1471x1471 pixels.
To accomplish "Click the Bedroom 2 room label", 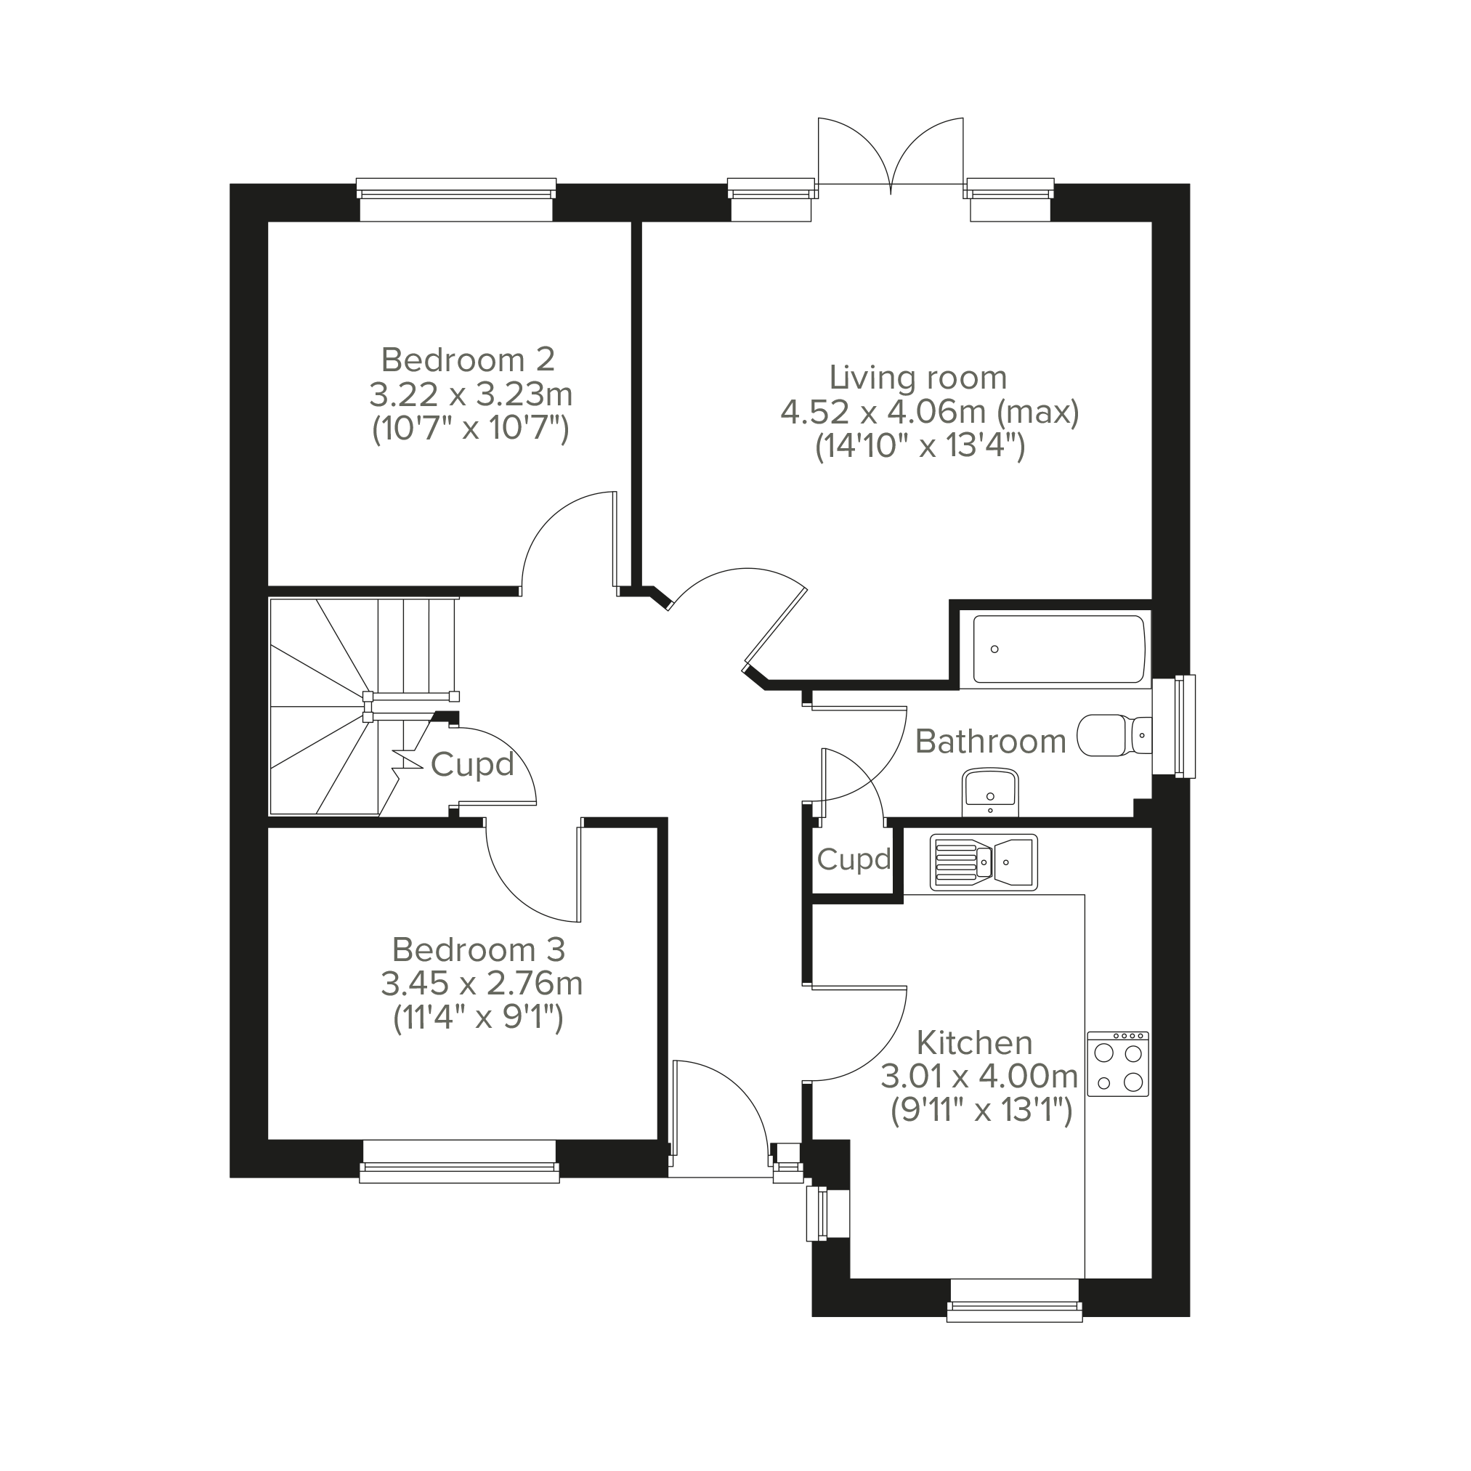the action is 469,360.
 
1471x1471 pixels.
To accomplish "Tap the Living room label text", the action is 918,378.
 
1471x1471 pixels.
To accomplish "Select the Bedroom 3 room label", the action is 479,949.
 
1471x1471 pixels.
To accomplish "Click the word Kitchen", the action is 975,1042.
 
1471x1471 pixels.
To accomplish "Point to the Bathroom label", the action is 991,741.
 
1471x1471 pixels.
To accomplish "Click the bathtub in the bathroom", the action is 1059,649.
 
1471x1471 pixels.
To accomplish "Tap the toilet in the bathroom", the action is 1114,734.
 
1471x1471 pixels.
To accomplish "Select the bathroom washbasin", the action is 990,792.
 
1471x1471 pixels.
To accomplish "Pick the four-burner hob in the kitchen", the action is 1118,1064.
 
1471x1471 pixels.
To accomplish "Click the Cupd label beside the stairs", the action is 473,765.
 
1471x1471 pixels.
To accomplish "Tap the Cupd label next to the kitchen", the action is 854,859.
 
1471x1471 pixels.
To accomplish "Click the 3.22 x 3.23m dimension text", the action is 471,395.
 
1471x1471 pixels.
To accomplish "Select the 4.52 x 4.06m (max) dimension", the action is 931,412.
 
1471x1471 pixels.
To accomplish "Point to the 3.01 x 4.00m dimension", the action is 980,1077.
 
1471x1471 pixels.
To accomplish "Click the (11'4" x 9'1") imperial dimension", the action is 478,1018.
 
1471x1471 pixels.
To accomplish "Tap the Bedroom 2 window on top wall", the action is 456,200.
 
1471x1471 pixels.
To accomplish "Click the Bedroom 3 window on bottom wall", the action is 459,1162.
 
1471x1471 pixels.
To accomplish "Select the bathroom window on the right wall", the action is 1173,726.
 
